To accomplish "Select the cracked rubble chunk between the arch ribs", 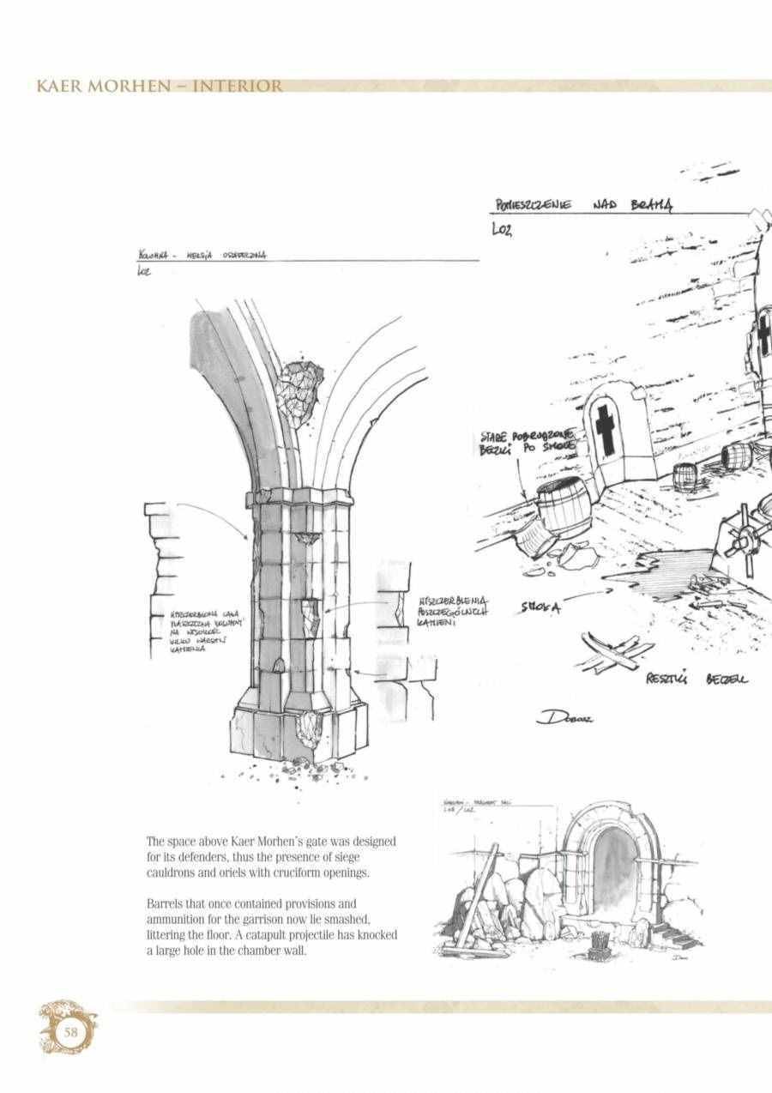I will pyautogui.click(x=301, y=389).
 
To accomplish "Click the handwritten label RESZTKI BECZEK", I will pyautogui.click(x=696, y=679).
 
